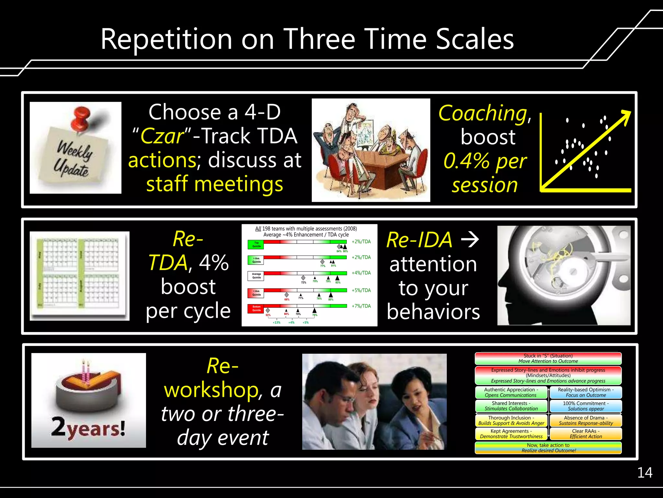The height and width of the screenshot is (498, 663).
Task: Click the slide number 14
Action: pyautogui.click(x=645, y=473)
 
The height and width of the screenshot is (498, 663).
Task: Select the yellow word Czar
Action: pyautogui.click(x=162, y=136)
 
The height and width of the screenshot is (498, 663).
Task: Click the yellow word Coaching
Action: pyautogui.click(x=483, y=113)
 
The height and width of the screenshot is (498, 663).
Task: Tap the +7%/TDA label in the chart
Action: pyautogui.click(x=361, y=306)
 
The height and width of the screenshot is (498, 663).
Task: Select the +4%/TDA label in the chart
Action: pyautogui.click(x=361, y=273)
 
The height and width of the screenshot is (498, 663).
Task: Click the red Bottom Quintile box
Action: pyautogui.click(x=256, y=309)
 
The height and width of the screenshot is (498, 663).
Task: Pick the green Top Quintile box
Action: pyautogui.click(x=256, y=244)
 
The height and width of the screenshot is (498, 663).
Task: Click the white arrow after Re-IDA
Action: pyautogui.click(x=470, y=240)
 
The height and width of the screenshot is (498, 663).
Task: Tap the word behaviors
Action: pyautogui.click(x=433, y=312)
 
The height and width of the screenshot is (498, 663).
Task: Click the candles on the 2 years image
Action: pyautogui.click(x=85, y=371)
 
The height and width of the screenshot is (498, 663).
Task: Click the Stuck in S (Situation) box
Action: pyautogui.click(x=548, y=359)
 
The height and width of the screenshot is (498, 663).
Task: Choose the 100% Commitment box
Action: pyautogui.click(x=586, y=406)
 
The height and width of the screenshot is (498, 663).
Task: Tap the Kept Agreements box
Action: pyautogui.click(x=511, y=434)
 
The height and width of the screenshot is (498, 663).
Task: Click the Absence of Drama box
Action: pyautogui.click(x=586, y=420)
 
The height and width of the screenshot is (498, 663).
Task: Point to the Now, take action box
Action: pyautogui.click(x=548, y=448)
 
